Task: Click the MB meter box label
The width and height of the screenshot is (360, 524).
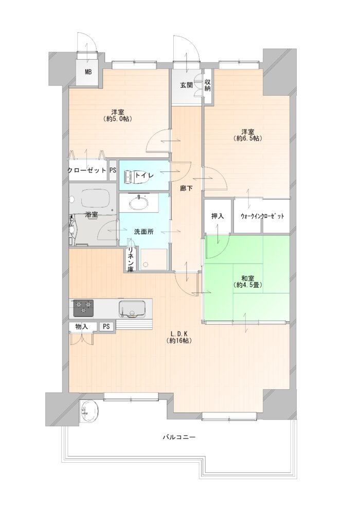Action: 88,72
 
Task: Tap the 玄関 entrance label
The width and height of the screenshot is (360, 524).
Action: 186,85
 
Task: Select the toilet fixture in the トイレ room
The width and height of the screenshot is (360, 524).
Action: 136,176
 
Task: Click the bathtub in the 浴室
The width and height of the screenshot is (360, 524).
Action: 94,199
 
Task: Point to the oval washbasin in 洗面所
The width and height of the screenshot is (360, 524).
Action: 138,203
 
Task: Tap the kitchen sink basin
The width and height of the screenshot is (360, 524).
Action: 132,309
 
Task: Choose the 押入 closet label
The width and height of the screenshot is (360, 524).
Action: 218,216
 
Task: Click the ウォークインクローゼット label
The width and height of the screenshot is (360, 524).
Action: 262,216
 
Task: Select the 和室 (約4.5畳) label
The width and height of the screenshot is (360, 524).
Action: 247,282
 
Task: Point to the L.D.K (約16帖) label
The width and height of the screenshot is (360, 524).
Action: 181,337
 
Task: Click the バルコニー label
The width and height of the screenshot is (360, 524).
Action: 178,437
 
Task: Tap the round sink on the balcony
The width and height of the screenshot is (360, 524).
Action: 90,411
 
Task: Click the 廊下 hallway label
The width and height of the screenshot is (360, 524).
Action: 186,188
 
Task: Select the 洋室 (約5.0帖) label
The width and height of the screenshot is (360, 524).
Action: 118,115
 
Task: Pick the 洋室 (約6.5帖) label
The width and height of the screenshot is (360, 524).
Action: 247,135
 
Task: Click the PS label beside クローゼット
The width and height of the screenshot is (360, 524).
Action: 113,170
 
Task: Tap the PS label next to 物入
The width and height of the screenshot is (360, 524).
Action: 106,326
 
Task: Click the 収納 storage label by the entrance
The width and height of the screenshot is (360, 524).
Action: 207,85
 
